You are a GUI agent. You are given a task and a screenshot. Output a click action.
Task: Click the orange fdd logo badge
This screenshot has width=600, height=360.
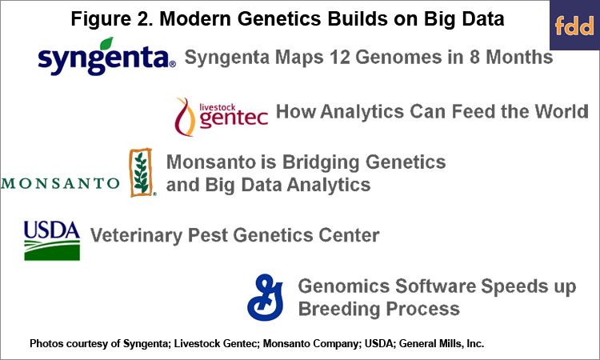click(574, 26)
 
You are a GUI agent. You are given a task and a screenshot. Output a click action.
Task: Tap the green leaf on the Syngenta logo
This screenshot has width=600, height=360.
click(106, 43)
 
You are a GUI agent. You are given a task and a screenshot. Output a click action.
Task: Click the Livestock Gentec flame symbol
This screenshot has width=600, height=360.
click(185, 117)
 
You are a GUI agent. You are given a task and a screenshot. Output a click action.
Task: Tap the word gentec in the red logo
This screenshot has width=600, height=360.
click(234, 118)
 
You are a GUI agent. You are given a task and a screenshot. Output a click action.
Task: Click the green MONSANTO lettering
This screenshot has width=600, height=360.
click(61, 183)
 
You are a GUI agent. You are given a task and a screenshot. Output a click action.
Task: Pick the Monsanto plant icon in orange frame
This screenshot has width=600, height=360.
click(141, 173)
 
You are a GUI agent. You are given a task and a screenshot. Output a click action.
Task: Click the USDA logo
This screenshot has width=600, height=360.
click(52, 241)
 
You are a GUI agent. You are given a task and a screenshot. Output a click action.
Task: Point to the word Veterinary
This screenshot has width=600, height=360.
click(136, 236)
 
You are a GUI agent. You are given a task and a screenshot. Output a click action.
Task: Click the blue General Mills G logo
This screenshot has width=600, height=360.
click(265, 298)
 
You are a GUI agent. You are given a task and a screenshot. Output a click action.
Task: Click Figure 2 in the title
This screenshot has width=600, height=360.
click(112, 19)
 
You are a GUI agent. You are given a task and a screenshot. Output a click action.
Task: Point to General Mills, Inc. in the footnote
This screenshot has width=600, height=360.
click(442, 343)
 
